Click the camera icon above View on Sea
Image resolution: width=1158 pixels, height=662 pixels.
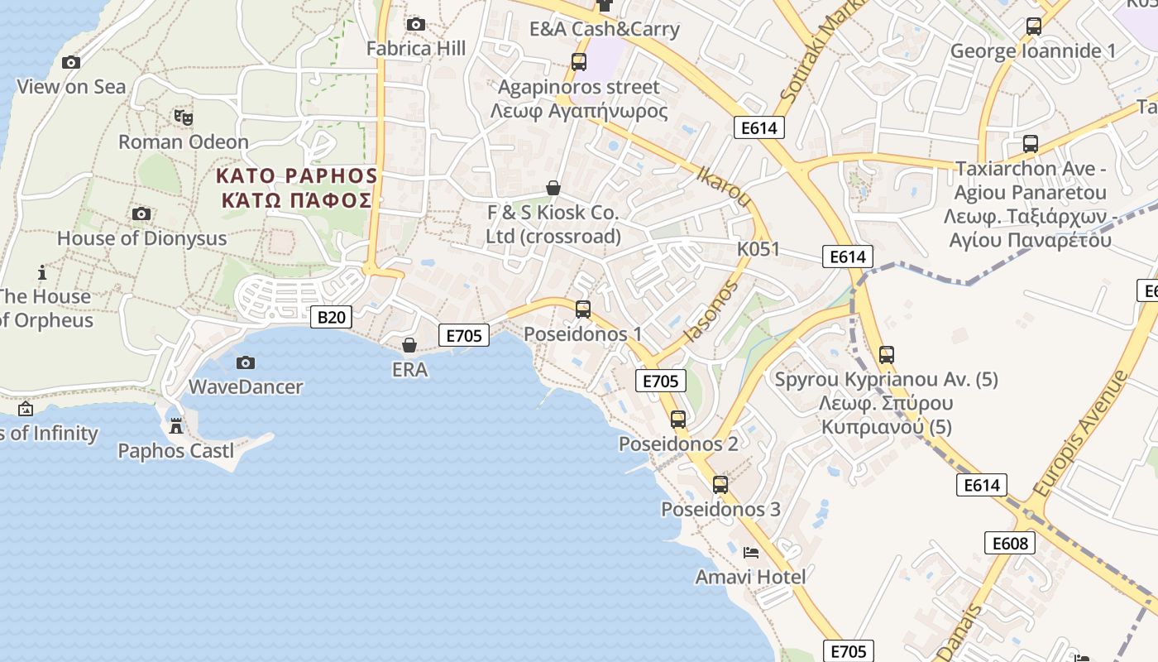click(x=71, y=62)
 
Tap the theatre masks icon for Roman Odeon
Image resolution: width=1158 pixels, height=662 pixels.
click(x=183, y=118)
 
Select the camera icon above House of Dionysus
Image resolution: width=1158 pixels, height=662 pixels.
click(x=141, y=214)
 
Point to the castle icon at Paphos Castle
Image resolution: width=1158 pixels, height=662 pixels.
click(x=175, y=426)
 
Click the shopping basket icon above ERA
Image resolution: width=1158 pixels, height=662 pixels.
click(x=409, y=344)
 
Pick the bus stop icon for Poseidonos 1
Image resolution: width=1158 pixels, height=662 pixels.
click(x=583, y=309)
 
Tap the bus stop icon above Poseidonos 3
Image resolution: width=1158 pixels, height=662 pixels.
click(x=720, y=485)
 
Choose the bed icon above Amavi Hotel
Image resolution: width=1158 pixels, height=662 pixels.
click(x=751, y=552)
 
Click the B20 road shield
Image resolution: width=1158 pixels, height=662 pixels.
click(x=331, y=316)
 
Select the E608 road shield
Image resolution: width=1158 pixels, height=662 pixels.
click(x=1010, y=543)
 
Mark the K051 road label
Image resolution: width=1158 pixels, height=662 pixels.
click(x=758, y=249)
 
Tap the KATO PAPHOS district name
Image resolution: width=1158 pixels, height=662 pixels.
click(x=296, y=175)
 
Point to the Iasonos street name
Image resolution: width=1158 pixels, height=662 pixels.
click(x=711, y=311)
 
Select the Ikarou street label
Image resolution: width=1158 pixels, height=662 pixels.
click(x=725, y=186)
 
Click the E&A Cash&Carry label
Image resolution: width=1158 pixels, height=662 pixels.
click(x=605, y=29)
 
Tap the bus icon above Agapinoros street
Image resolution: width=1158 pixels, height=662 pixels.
click(x=579, y=62)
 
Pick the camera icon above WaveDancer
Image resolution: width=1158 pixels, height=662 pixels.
click(x=245, y=362)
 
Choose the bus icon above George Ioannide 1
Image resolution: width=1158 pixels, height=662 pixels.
click(x=1033, y=26)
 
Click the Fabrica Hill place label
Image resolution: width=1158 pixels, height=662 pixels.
click(x=416, y=49)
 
